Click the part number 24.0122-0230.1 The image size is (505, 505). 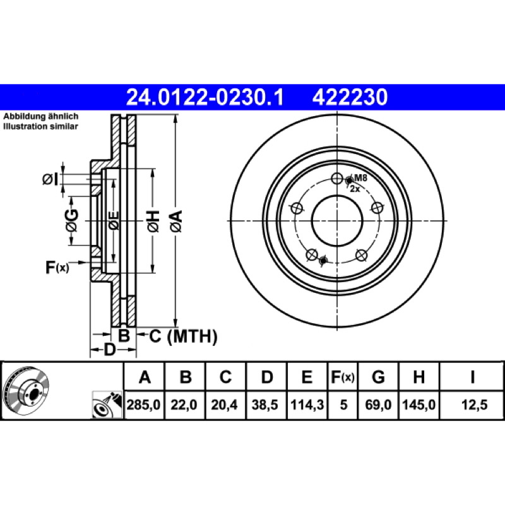[205, 97]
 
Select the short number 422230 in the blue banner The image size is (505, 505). [350, 97]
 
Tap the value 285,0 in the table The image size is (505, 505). [143, 405]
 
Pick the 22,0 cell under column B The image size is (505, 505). [184, 405]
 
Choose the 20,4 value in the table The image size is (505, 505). [224, 405]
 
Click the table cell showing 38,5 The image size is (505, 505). [264, 405]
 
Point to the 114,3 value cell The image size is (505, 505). [307, 405]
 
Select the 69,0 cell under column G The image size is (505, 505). [378, 405]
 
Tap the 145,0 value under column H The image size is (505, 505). [419, 405]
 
